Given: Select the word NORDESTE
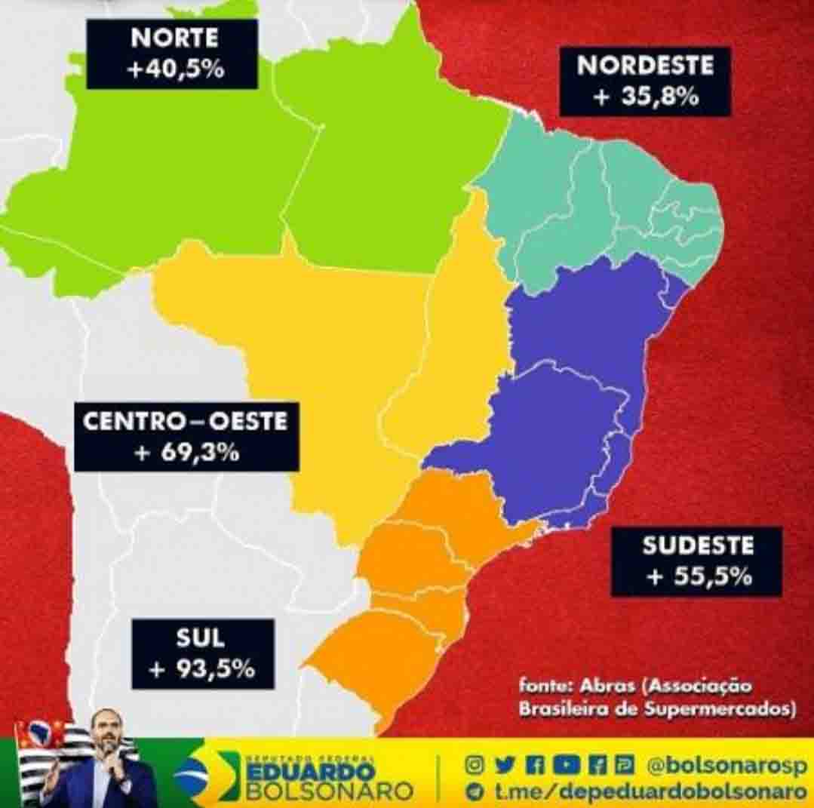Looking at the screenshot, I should click(645, 65).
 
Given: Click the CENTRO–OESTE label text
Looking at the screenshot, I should click(186, 420).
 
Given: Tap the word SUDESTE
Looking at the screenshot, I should click(698, 545).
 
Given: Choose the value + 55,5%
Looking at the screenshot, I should click(698, 576).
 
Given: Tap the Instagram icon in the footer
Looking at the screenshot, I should click(474, 765).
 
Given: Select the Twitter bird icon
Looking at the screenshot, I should click(504, 765).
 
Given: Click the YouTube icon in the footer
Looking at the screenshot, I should click(562, 765).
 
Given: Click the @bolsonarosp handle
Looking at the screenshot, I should click(726, 765).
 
